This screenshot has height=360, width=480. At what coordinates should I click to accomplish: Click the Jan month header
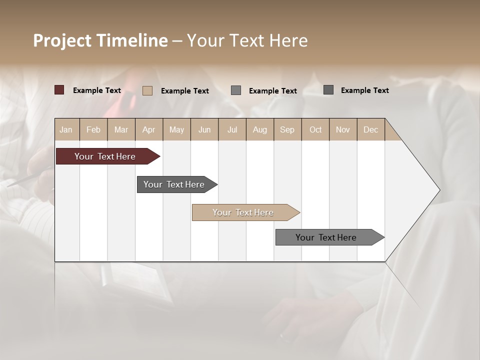coord(66,129)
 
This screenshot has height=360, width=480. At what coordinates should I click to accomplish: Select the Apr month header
coord(148,129)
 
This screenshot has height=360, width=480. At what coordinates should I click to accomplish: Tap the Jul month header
coord(232,129)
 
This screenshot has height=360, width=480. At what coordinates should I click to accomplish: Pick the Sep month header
coord(287,129)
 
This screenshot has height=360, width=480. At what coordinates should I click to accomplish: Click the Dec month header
coord(370,129)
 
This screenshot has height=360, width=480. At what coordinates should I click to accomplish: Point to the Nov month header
coord(342,129)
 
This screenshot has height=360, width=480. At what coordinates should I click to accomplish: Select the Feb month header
coord(93,129)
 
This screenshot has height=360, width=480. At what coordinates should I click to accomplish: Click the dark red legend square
coord(59,90)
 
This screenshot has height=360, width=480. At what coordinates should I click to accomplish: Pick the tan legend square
coord(147,90)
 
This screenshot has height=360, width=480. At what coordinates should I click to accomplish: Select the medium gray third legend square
coord(236,90)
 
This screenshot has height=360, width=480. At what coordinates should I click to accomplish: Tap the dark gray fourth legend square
coord(328,89)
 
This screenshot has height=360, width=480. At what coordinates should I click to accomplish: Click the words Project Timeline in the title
coord(100,40)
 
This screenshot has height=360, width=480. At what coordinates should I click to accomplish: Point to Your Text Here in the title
coord(247,40)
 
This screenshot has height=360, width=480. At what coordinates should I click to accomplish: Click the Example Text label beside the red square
coord(97,90)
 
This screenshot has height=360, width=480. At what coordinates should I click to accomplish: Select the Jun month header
coord(204,129)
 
